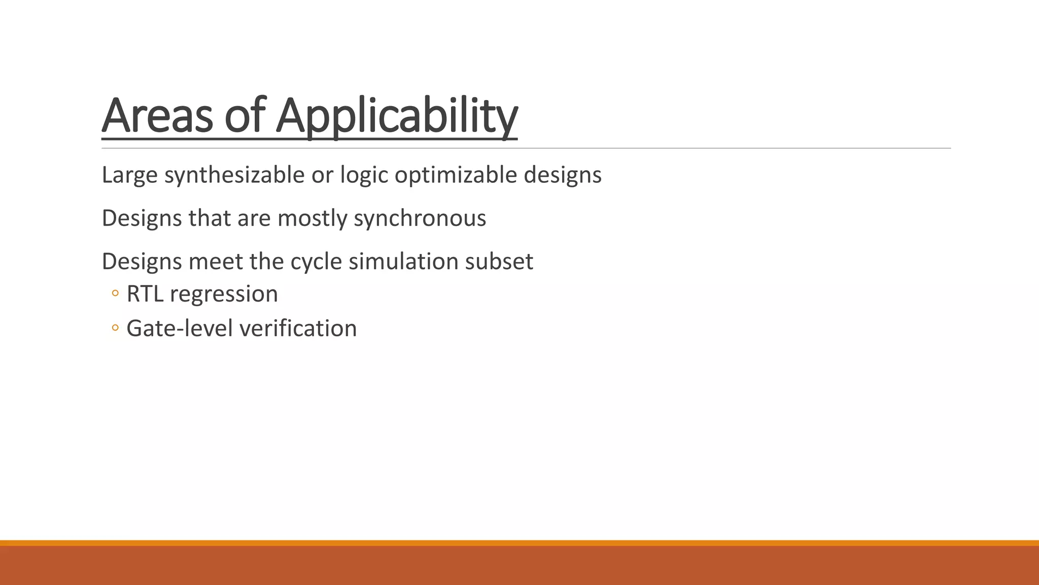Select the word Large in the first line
point(129,175)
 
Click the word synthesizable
point(234,175)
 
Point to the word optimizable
point(456,175)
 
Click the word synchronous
point(420,218)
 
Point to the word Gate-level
point(180,329)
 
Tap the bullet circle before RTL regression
point(115,294)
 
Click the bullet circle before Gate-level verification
point(115,328)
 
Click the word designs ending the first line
point(563,175)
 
